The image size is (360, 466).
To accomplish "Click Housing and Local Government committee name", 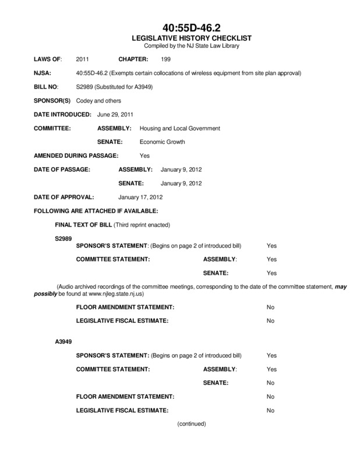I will [175, 128].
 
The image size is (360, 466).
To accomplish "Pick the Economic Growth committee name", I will [161, 142].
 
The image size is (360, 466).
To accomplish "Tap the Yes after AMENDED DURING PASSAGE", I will [145, 156].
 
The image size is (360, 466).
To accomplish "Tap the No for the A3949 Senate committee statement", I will [270, 383].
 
